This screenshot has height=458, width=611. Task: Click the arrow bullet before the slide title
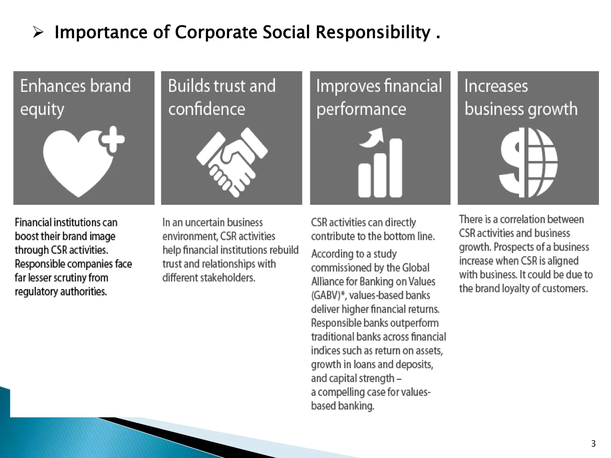tap(38, 32)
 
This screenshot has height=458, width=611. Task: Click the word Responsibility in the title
tap(373, 32)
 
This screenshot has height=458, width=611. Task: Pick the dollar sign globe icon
tap(528, 163)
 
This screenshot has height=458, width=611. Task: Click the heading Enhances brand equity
tap(75, 97)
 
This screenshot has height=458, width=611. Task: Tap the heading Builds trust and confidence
tap(222, 97)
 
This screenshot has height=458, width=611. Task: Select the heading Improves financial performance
tap(379, 97)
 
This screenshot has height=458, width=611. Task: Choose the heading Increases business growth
tap(521, 97)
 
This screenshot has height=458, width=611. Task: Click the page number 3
tap(593, 444)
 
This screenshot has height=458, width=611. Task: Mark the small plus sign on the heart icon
tap(112, 139)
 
